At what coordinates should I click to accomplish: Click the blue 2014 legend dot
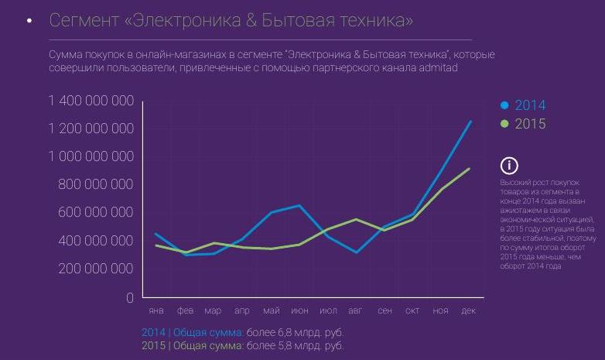[504, 106]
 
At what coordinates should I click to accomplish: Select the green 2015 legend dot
[504, 124]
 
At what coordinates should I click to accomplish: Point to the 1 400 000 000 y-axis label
[91, 101]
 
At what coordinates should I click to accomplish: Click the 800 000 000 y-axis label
[96, 184]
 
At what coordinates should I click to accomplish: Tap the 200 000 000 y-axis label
[96, 269]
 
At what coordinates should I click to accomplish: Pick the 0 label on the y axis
[130, 297]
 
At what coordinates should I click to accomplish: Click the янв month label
[156, 311]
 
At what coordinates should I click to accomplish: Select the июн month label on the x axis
[299, 311]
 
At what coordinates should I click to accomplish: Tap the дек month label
[469, 311]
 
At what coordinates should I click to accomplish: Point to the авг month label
[355, 311]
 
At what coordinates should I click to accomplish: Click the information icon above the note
[509, 165]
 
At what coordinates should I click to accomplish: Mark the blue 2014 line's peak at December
[470, 122]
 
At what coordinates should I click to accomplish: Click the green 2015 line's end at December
[470, 169]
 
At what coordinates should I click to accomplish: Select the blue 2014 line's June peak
[299, 205]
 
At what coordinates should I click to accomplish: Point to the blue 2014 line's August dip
[356, 252]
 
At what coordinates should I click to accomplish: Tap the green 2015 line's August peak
[356, 219]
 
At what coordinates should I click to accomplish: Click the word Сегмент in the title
[83, 21]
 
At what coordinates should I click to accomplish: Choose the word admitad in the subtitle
[437, 68]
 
